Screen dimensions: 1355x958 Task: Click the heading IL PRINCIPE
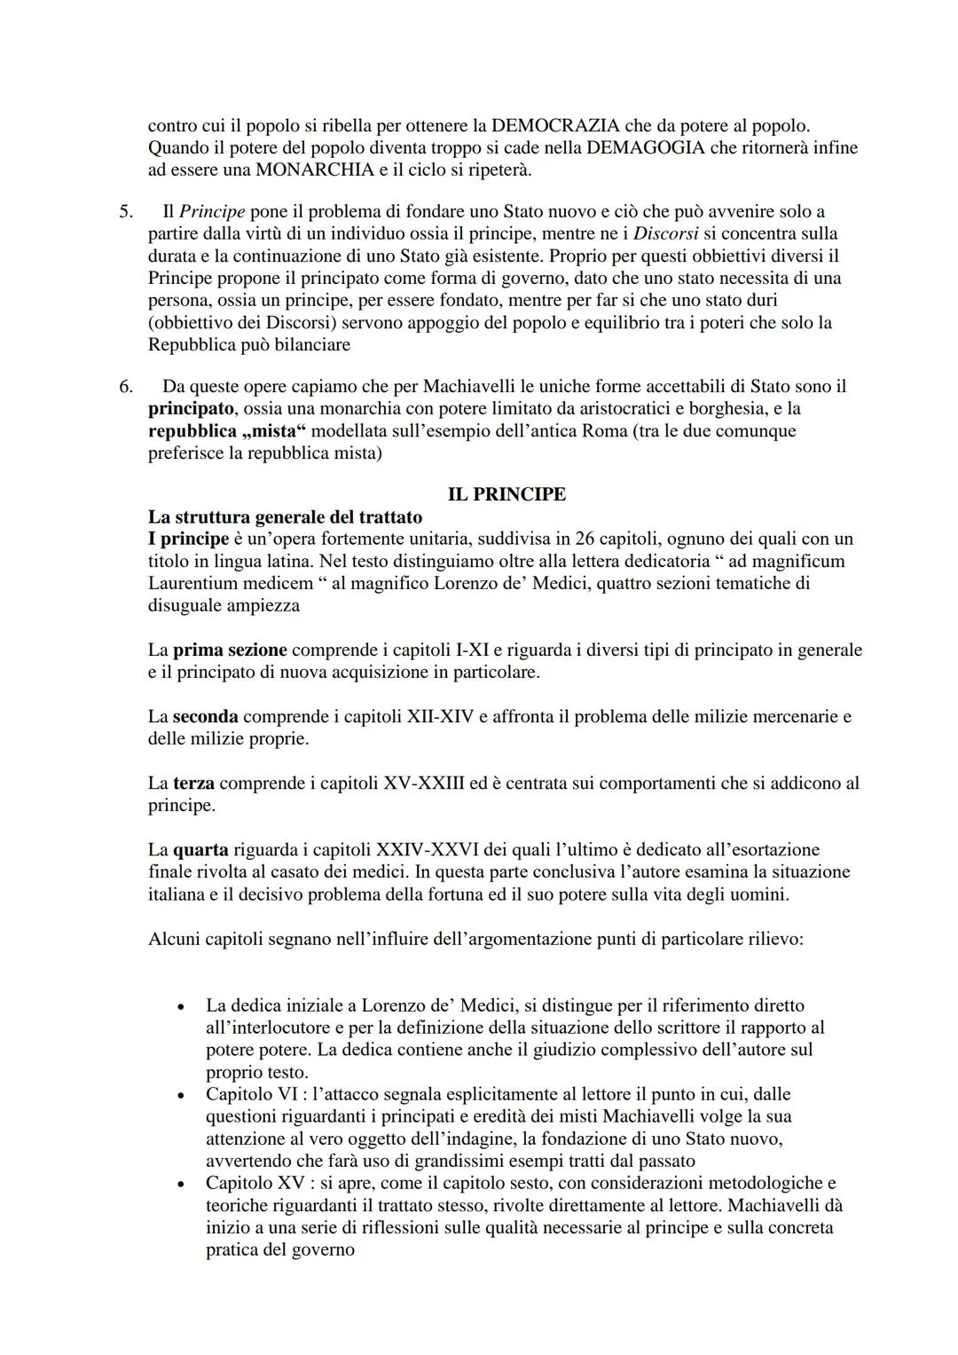[x=506, y=494]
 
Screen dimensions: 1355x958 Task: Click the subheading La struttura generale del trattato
[x=285, y=516]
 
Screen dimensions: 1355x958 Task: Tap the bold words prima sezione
[x=230, y=650]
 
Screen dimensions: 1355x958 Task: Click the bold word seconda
[x=205, y=716]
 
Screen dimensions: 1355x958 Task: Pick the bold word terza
[x=193, y=784]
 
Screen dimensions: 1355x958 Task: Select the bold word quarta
[x=200, y=850]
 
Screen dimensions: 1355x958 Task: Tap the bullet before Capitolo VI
[x=181, y=1096]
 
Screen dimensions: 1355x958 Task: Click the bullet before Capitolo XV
[x=181, y=1185]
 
